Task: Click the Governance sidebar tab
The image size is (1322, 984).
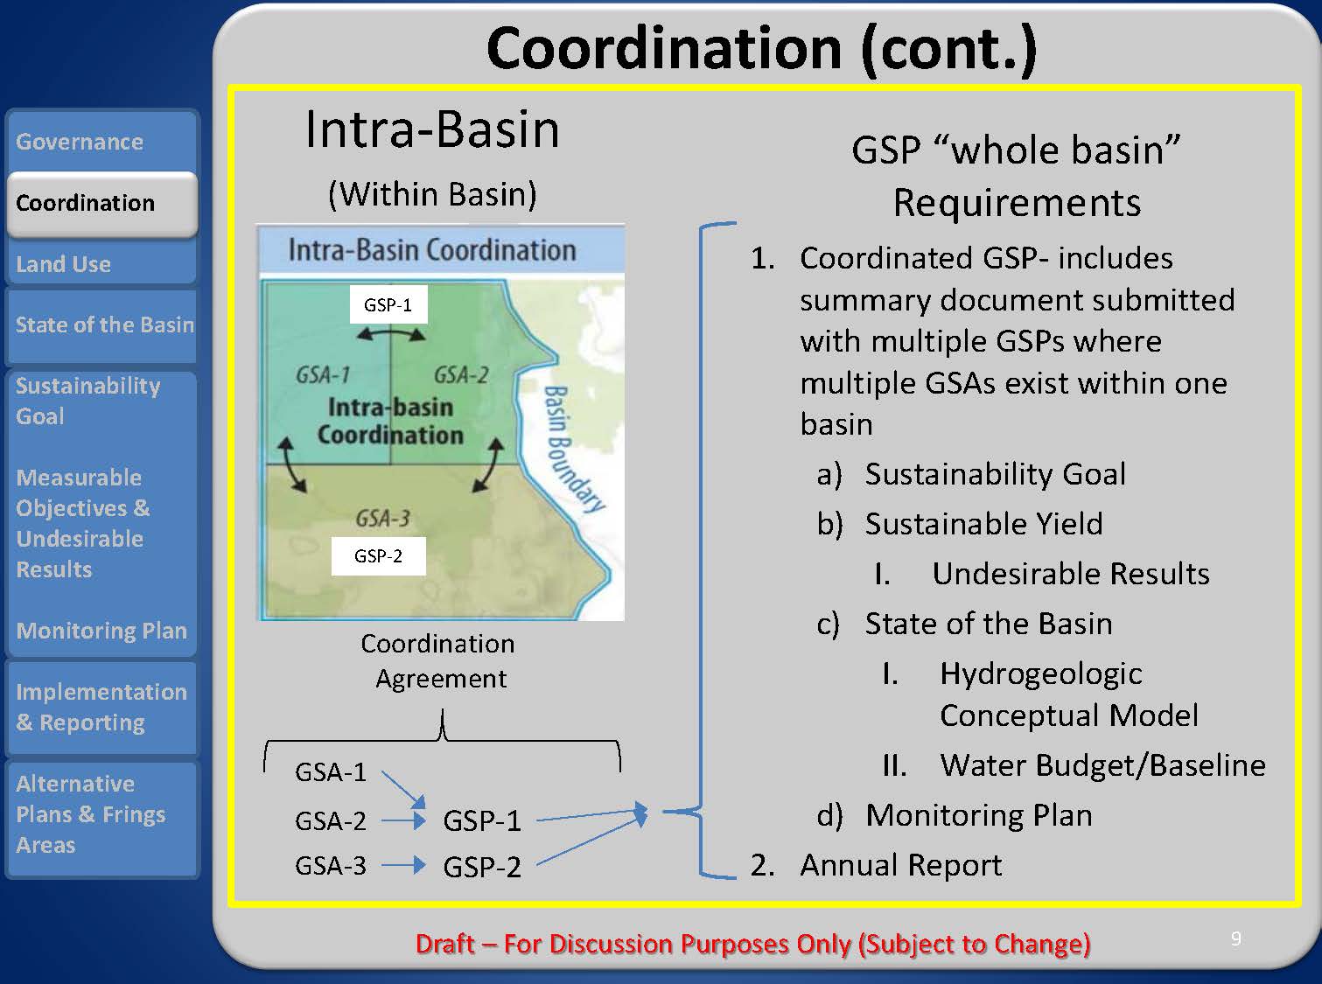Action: click(101, 141)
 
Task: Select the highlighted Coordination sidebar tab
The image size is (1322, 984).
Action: click(101, 203)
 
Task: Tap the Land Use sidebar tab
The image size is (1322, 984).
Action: click(101, 263)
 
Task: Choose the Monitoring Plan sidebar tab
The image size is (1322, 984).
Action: click(101, 630)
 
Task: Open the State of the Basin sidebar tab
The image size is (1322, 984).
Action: click(101, 325)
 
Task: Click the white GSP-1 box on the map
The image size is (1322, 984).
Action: click(388, 304)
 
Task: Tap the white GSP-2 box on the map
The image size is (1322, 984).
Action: click(379, 556)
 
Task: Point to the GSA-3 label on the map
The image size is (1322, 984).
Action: click(382, 518)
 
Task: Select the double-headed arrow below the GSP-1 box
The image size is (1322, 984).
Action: click(391, 335)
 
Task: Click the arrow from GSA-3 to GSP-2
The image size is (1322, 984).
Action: click(403, 865)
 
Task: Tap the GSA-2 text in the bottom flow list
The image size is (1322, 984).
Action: click(330, 820)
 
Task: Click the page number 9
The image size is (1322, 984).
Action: click(1236, 939)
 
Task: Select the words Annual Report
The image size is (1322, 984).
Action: click(900, 865)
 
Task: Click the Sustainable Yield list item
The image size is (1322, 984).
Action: click(983, 524)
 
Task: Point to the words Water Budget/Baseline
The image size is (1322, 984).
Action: click(1102, 764)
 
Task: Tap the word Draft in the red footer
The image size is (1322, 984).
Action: click(444, 944)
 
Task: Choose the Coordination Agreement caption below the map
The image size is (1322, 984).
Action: click(439, 661)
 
